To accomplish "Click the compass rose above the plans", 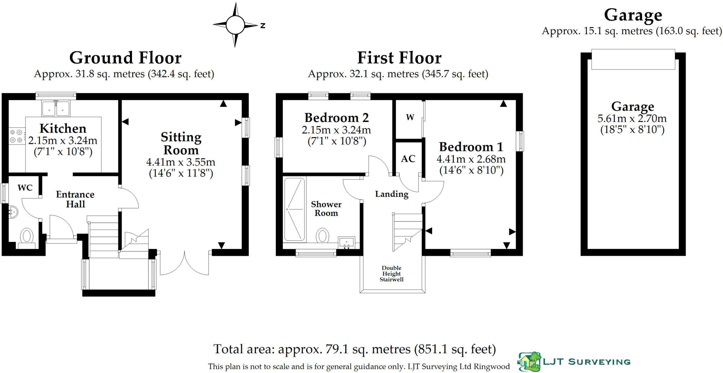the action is (235, 25).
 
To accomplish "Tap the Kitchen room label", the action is (63, 128).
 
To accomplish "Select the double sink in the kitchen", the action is (56, 108).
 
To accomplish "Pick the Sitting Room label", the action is (181, 143).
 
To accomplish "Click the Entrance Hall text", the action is (75, 199).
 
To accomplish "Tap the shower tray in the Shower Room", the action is (294, 209).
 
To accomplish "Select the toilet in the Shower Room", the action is (322, 236).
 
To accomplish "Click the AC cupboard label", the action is (408, 159).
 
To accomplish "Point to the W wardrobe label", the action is (410, 117).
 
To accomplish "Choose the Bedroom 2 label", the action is (336, 117).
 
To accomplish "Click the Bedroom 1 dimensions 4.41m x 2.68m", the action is (471, 159).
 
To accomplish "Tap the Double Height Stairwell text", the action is (392, 274).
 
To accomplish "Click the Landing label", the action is (392, 194).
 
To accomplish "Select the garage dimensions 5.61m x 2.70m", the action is (632, 118).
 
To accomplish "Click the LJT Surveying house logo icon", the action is (530, 362).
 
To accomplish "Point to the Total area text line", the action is (354, 349).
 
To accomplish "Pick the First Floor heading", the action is (399, 58).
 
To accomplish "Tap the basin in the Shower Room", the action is (346, 242).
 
